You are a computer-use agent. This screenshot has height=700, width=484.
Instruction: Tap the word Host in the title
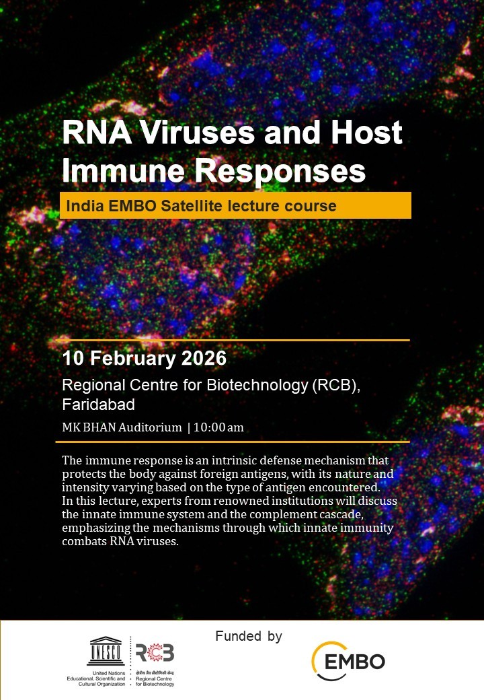(x=366, y=133)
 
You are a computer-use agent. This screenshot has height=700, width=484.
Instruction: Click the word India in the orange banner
(x=81, y=205)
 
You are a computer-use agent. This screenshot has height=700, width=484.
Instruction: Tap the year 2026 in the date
(x=204, y=358)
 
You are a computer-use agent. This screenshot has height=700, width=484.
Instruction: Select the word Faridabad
(x=98, y=405)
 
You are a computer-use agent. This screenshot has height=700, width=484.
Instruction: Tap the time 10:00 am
(x=218, y=427)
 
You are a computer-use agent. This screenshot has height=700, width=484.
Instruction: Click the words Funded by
(x=248, y=636)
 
